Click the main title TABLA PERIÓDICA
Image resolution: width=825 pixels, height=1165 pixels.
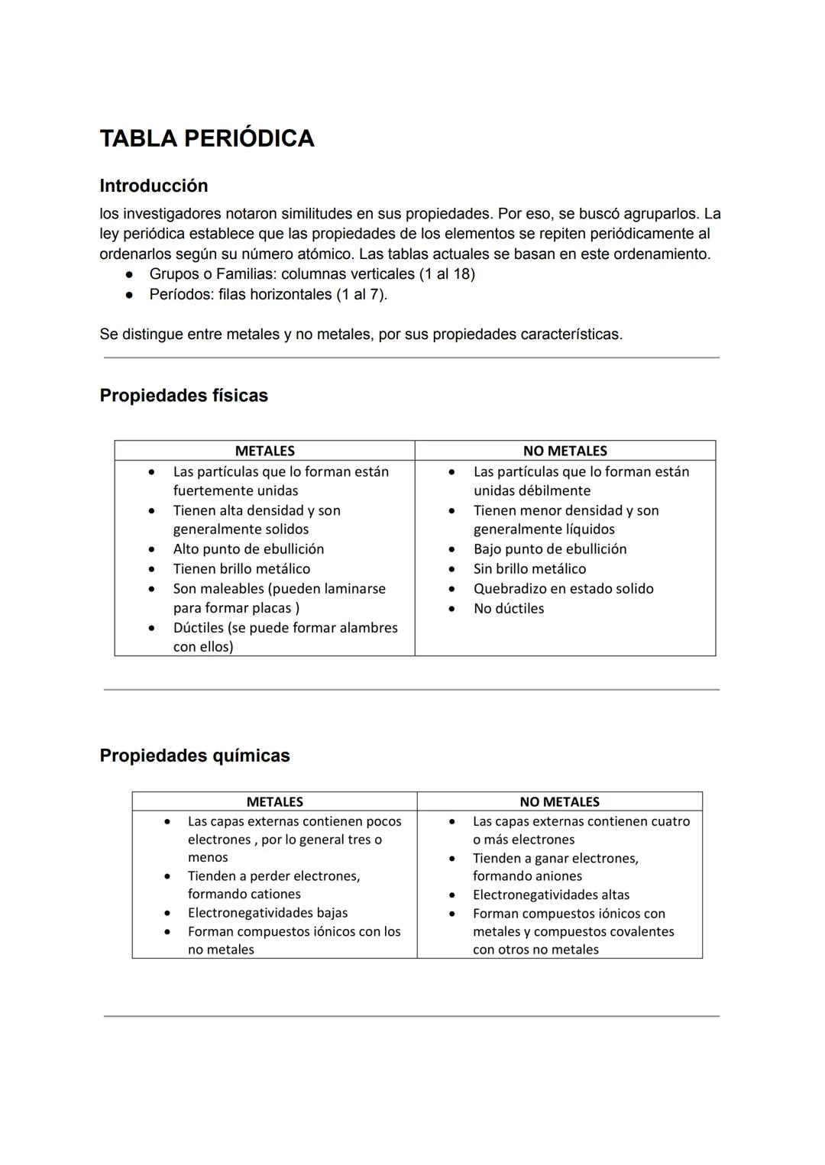207,138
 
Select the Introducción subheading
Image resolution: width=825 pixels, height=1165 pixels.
154,186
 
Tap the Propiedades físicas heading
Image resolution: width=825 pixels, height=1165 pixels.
183,396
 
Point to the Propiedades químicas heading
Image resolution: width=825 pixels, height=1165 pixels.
195,756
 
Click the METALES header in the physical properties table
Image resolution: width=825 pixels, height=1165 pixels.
264,451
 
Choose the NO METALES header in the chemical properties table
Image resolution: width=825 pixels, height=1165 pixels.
559,801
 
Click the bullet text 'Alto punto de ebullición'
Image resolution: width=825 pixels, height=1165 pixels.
248,549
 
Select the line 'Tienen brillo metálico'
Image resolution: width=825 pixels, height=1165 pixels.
241,568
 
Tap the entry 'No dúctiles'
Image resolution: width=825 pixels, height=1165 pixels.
509,608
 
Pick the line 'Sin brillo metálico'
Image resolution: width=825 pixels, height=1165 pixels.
529,568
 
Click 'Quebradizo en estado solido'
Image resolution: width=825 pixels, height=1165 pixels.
563,588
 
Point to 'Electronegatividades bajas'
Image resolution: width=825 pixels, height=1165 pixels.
267,912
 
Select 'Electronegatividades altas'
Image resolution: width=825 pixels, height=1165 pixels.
551,895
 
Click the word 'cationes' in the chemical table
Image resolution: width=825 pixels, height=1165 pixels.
273,894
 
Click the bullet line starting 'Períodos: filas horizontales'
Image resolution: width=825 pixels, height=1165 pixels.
268,294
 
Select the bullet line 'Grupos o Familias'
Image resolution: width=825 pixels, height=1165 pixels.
312,273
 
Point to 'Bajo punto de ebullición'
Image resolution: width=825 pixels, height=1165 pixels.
550,549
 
